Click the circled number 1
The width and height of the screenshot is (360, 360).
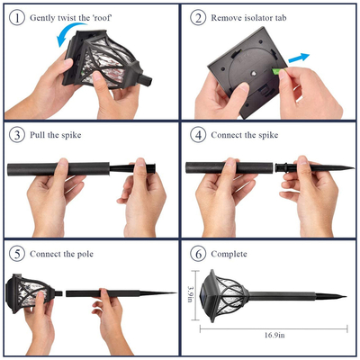pyautogui.click(x=17, y=18)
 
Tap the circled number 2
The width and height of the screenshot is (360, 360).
pyautogui.click(x=198, y=18)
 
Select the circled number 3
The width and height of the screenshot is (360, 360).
pyautogui.click(x=17, y=135)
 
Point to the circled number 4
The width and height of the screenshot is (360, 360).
pyautogui.click(x=198, y=135)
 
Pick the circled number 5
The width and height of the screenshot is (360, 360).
pyautogui.click(x=17, y=254)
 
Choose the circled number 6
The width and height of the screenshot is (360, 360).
pyautogui.click(x=198, y=254)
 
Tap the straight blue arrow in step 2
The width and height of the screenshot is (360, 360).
pyautogui.click(x=299, y=58)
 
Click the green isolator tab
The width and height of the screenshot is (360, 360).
pyautogui.click(x=276, y=72)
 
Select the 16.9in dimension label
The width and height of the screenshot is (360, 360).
pyautogui.click(x=274, y=336)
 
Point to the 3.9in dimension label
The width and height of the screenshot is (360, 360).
pyautogui.click(x=190, y=294)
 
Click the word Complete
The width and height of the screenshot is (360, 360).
pyautogui.click(x=229, y=254)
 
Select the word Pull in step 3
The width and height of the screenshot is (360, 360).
pyautogui.click(x=36, y=135)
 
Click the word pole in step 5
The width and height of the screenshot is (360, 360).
pyautogui.click(x=85, y=255)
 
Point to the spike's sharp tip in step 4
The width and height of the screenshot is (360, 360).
pyautogui.click(x=354, y=167)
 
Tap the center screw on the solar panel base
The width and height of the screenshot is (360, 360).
pyautogui.click(x=254, y=73)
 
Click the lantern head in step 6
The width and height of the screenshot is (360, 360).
pyautogui.click(x=226, y=296)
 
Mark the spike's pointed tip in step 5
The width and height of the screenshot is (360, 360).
pyautogui.click(x=175, y=292)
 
